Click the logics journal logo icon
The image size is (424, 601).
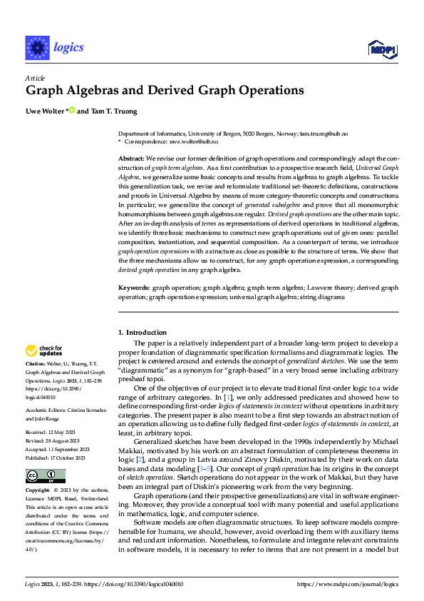click(x=36, y=47)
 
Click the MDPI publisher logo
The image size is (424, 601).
click(x=381, y=48)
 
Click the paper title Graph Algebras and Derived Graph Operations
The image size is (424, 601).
click(x=165, y=91)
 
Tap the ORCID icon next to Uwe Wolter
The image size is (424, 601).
click(x=72, y=111)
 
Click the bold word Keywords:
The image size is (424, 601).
click(x=134, y=288)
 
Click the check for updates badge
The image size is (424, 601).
click(x=43, y=350)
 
